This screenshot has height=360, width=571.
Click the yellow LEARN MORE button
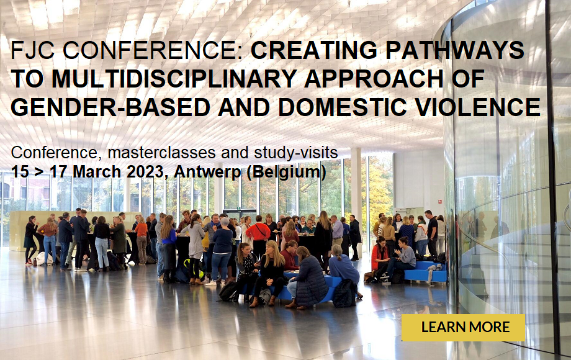click(x=463, y=328)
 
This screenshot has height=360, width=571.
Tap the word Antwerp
click(x=207, y=173)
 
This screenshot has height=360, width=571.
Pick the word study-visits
click(x=296, y=153)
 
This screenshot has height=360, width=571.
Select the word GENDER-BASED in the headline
click(x=110, y=107)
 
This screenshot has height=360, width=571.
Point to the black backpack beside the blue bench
click(x=344, y=294)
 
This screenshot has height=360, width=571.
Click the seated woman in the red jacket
click(x=379, y=256)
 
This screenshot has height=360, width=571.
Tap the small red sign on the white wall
click(x=439, y=201)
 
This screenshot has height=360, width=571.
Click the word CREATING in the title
click(x=314, y=50)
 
